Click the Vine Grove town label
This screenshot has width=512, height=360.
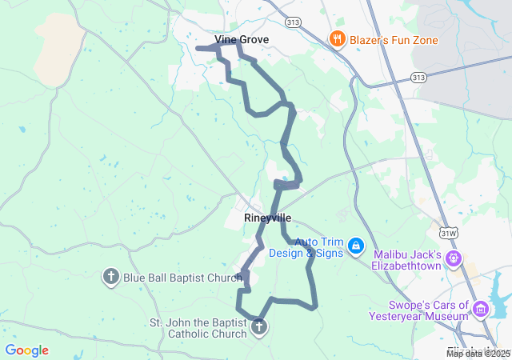(x=242, y=39)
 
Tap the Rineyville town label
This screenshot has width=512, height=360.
(x=267, y=218)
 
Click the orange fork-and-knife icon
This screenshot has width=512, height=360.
(x=338, y=39)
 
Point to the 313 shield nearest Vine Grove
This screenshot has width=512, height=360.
(x=295, y=22)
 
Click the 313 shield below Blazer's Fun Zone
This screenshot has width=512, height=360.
(x=418, y=77)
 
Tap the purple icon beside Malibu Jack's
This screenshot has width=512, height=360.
(x=454, y=258)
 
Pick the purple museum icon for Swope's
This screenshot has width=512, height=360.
(x=481, y=309)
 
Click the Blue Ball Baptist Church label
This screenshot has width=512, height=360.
(x=182, y=278)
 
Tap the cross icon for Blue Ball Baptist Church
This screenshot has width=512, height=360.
(x=111, y=278)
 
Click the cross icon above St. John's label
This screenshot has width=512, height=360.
(x=258, y=326)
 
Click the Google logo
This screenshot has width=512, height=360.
(x=27, y=350)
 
